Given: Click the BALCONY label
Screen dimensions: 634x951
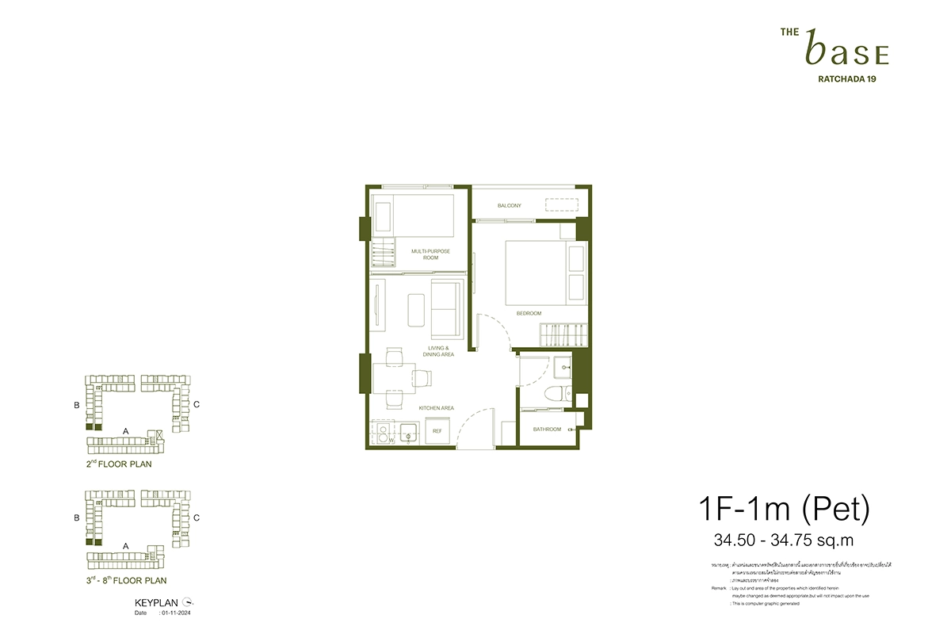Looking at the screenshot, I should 510,206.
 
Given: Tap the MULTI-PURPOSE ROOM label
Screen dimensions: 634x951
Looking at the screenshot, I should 430,254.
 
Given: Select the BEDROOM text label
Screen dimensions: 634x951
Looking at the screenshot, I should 529,314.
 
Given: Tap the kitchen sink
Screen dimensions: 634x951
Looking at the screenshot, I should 410,432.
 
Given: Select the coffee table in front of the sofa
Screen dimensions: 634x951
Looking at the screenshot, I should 416,308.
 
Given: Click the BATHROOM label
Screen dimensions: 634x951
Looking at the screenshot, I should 547,430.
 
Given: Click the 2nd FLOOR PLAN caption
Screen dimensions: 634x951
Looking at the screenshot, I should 119,464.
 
